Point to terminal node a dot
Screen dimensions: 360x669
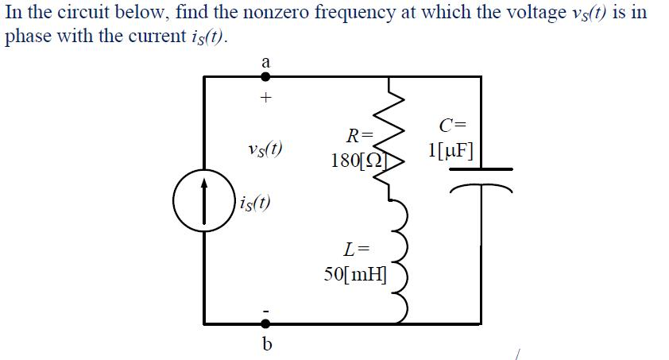pos(265,76)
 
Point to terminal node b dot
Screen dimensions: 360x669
pos(265,323)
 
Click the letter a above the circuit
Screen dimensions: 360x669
pos(265,60)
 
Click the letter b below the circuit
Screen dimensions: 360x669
pos(266,344)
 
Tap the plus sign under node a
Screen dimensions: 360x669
pos(266,99)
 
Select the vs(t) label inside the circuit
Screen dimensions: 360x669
pos(266,149)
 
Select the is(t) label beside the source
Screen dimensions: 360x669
pos(252,202)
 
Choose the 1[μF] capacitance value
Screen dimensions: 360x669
pos(451,149)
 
